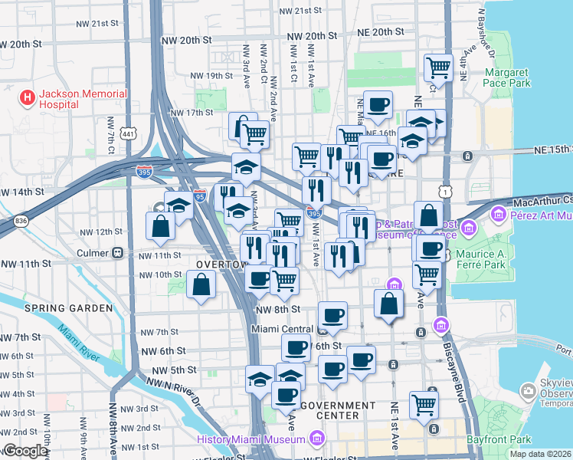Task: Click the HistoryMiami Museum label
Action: coord(252,439)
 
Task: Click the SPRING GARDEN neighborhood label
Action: coord(68,308)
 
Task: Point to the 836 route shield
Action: coord(21,221)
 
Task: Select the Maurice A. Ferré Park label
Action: coord(512,260)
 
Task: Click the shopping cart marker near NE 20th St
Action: coord(438,67)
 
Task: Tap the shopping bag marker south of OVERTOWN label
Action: coord(200,284)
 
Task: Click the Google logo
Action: coord(25,451)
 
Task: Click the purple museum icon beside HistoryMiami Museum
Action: coord(316,439)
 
